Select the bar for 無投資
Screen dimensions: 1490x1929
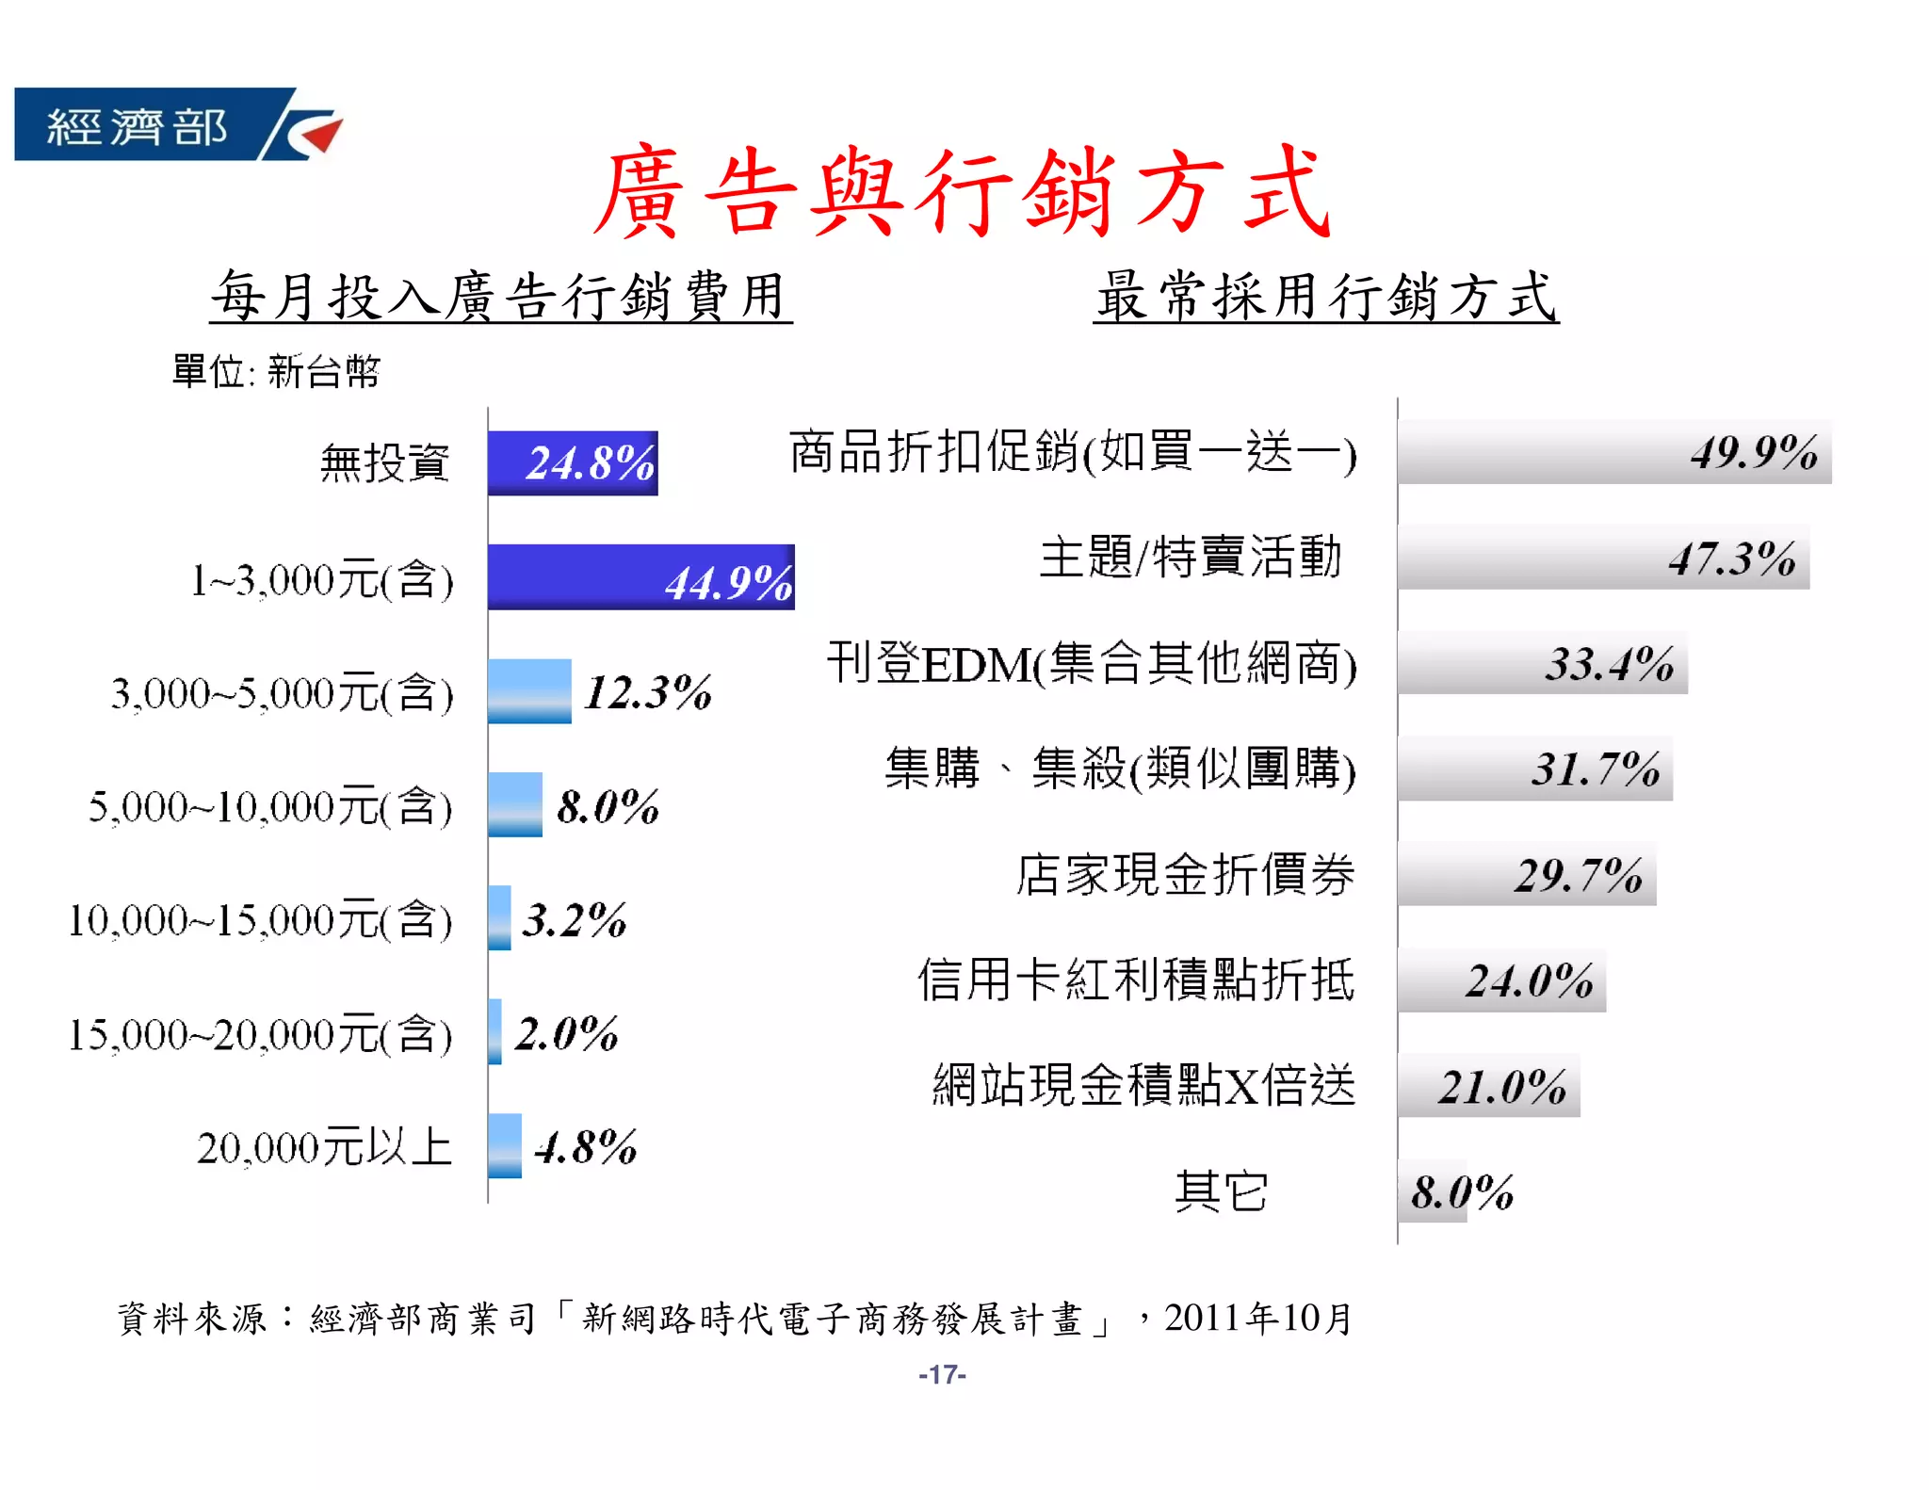pos(572,462)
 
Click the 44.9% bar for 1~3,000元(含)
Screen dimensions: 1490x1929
pos(640,576)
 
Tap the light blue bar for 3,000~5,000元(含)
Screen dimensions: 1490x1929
pos(529,691)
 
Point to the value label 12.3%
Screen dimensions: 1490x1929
pos(648,692)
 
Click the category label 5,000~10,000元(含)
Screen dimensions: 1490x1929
pos(270,807)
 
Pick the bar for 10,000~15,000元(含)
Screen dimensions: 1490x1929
pos(499,917)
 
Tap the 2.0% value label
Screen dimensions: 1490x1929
pos(566,1033)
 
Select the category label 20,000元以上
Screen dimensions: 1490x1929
pos(324,1147)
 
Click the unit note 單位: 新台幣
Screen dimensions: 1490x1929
pos(276,371)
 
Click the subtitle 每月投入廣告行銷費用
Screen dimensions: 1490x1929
pos(500,296)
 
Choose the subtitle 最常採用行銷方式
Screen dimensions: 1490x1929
pos(1325,296)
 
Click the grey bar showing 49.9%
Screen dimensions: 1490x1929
pos(1613,452)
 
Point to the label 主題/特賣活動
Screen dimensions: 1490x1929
pos(1191,557)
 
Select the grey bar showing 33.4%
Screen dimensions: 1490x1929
pos(1542,663)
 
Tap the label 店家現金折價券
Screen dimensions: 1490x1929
pos(1185,874)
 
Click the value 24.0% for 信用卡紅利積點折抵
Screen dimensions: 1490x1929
pos(1529,980)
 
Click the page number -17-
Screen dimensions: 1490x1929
pos(942,1375)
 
